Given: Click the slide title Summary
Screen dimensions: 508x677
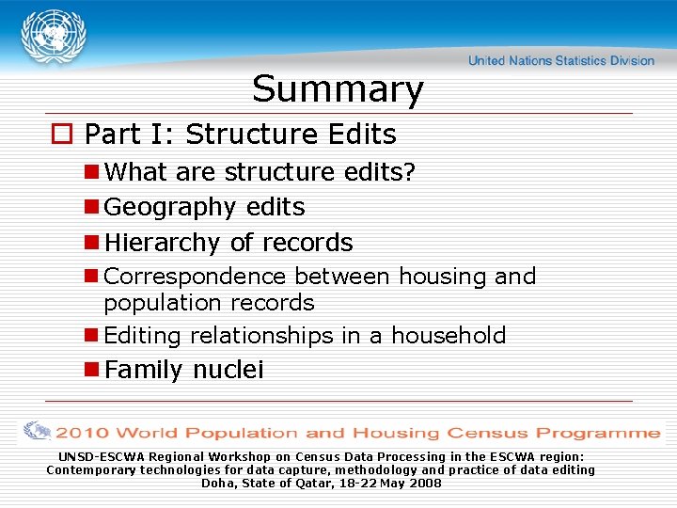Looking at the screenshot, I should (338, 89).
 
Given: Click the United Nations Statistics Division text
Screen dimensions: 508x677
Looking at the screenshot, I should (561, 61).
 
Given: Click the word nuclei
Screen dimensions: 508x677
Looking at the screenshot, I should (228, 371).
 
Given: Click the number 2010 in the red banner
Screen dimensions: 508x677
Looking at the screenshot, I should (85, 434).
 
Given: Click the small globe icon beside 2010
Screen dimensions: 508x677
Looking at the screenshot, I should (38, 432).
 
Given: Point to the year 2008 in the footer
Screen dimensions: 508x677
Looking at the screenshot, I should (425, 483).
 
